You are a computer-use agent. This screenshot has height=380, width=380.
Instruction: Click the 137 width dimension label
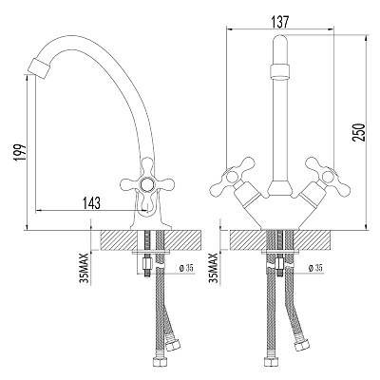(x=280, y=22)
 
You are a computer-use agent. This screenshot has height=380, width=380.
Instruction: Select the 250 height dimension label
(x=359, y=132)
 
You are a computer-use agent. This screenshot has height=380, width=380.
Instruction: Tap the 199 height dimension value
(x=20, y=153)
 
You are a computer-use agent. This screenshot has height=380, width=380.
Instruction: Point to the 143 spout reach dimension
(x=90, y=202)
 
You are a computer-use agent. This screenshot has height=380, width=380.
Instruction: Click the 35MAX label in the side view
(x=85, y=268)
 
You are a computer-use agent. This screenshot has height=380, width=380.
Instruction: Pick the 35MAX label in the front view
(x=214, y=268)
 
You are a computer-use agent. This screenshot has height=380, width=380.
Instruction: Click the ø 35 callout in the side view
(x=186, y=268)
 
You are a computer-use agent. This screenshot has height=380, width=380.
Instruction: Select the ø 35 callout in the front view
(x=315, y=268)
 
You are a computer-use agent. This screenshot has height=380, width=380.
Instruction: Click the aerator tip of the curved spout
(x=39, y=67)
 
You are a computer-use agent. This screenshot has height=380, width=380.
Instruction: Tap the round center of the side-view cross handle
(x=146, y=183)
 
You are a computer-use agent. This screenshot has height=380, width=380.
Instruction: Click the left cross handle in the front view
(x=233, y=176)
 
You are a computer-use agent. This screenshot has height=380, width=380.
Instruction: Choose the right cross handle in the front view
(x=327, y=176)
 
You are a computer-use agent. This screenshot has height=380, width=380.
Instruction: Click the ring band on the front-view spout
(x=279, y=70)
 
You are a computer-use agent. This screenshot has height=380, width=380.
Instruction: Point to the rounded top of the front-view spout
(x=279, y=41)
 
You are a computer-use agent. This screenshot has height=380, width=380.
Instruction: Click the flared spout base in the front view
(x=279, y=187)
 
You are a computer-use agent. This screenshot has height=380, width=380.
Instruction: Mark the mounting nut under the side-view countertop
(x=147, y=263)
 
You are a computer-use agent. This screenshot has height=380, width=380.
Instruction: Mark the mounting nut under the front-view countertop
(x=280, y=263)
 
